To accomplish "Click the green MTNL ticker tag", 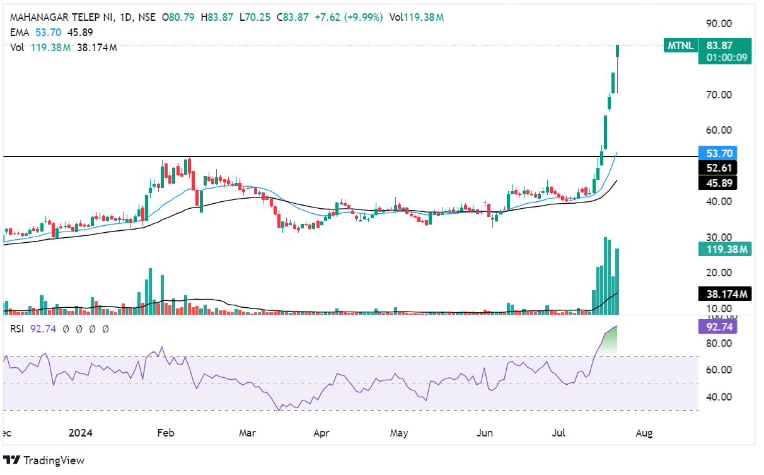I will (681, 45).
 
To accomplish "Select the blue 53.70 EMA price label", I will (717, 153).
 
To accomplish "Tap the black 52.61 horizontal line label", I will (717, 168).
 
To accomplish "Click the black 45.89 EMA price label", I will (717, 182).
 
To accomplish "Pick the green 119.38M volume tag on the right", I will (724, 249).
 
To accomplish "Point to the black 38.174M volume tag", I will (724, 293).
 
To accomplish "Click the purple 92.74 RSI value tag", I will (717, 326).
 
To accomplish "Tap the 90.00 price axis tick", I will (718, 23).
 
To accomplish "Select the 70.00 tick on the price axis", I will (718, 95).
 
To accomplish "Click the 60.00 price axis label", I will (718, 130).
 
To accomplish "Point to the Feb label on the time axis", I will (165, 433).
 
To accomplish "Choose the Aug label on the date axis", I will (643, 433).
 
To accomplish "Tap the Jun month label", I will (485, 433).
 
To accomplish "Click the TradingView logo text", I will (54, 460).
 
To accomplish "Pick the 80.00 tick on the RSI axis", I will (718, 343).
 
